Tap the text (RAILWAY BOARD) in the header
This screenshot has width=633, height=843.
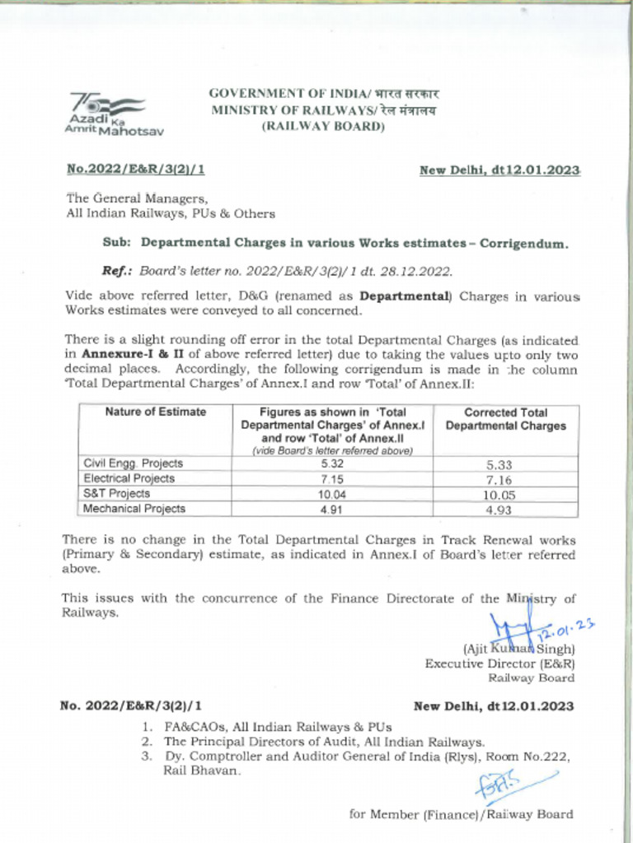(323, 126)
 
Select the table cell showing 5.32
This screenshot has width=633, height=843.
(332, 463)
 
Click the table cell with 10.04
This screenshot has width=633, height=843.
(332, 494)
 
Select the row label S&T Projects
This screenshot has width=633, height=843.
(117, 494)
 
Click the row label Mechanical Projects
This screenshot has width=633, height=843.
(134, 509)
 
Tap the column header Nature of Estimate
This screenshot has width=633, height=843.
(156, 412)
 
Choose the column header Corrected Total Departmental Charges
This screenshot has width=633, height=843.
(505, 419)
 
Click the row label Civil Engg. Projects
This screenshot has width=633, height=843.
(134, 463)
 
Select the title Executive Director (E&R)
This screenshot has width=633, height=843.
(499, 664)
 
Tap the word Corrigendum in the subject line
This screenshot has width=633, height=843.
(523, 244)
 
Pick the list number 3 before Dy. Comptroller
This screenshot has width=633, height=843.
(146, 757)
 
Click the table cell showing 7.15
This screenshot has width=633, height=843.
(332, 478)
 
